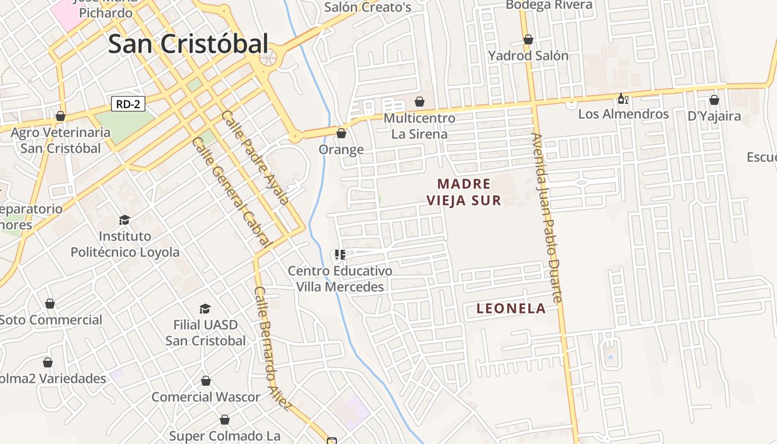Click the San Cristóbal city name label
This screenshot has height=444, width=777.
click(x=188, y=44)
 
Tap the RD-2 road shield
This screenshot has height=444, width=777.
click(x=128, y=104)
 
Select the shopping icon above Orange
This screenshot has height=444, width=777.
click(x=341, y=133)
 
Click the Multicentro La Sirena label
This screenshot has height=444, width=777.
click(x=419, y=126)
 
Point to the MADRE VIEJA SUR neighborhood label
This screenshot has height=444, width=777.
click(x=464, y=192)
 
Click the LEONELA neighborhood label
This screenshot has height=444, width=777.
click(x=511, y=309)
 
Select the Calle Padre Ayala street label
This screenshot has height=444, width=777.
click(x=255, y=158)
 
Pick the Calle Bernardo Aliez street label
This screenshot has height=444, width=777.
click(x=273, y=349)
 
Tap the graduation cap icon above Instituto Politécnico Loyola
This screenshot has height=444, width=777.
click(x=124, y=220)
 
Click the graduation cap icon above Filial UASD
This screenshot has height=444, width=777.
click(x=205, y=309)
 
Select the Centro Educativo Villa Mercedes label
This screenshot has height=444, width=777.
click(x=340, y=279)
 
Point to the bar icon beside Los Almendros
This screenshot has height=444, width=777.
click(x=623, y=99)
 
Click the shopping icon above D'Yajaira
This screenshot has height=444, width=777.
click(x=714, y=100)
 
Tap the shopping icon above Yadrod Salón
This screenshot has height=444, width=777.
click(x=528, y=40)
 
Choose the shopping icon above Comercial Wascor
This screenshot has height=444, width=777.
click(x=206, y=381)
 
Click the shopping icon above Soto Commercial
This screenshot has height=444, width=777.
click(x=50, y=304)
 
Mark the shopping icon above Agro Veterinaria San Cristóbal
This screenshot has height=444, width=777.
click(x=60, y=116)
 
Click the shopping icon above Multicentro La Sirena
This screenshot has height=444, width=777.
click(x=420, y=102)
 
